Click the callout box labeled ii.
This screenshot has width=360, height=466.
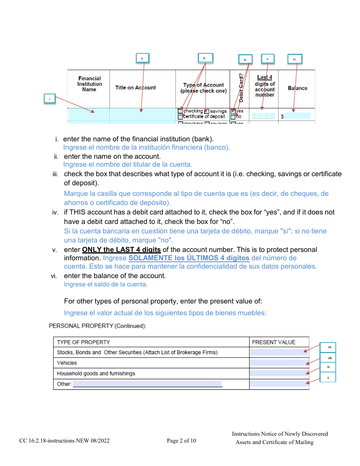click(142, 58)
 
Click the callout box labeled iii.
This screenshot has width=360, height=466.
click(205, 58)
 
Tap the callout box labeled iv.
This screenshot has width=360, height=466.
click(245, 59)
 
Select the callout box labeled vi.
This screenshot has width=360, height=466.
click(294, 59)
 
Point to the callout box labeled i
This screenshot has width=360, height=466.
click(49, 99)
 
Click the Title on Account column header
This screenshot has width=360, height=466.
click(135, 88)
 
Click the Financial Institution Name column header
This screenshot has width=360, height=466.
click(89, 84)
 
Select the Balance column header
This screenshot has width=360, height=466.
click(297, 88)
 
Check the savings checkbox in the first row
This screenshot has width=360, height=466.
click(207, 111)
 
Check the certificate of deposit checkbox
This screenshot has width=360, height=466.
click(180, 117)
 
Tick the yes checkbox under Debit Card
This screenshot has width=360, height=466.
click(233, 111)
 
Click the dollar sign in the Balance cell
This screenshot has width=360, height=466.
click(282, 117)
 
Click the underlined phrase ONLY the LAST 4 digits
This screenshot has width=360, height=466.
click(121, 250)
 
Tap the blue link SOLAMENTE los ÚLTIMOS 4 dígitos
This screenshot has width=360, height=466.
click(189, 258)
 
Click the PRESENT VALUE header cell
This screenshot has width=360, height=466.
click(274, 342)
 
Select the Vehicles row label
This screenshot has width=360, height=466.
click(67, 363)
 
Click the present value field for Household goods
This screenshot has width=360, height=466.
click(279, 374)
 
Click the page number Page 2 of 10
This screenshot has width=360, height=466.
click(182, 441)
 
